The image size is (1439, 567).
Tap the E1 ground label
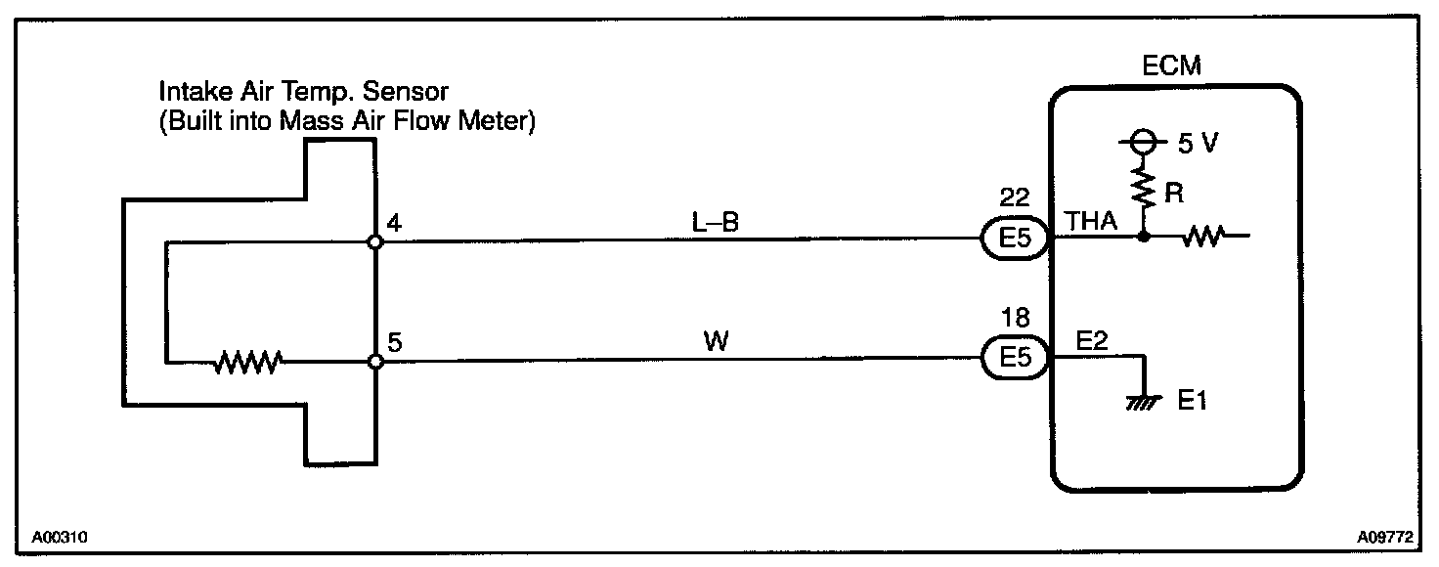click(x=1192, y=401)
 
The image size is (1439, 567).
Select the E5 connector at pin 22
click(x=1016, y=238)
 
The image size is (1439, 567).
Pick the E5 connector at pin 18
click(x=1016, y=360)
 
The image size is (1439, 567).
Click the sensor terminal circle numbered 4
click(x=374, y=240)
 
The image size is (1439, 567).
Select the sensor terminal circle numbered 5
click(x=374, y=362)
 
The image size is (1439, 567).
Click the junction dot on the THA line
click(x=1142, y=236)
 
